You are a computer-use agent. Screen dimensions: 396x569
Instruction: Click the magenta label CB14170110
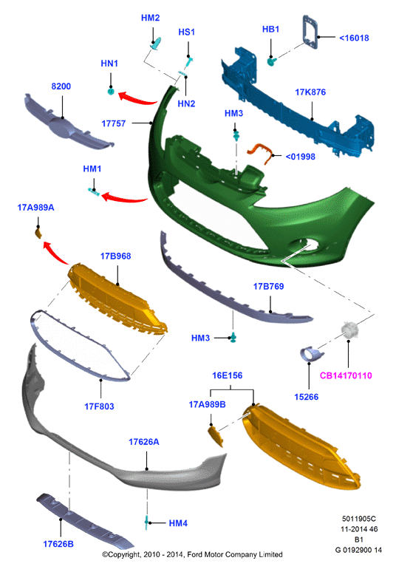[346, 375]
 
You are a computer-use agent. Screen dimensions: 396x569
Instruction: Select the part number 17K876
[310, 92]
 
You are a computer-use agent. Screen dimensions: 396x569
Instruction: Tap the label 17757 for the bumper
[114, 123]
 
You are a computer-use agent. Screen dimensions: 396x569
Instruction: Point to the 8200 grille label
[61, 86]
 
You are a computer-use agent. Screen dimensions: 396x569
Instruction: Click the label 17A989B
[208, 404]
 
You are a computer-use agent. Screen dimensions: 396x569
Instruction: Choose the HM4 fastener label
[178, 523]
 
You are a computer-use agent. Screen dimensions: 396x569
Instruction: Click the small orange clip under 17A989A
[38, 233]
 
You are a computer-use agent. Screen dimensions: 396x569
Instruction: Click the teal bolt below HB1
[271, 61]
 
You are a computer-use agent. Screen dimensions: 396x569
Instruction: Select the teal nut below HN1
[111, 91]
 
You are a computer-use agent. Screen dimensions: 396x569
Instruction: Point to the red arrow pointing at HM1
[124, 198]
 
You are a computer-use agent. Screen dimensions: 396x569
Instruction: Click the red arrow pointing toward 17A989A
[55, 252]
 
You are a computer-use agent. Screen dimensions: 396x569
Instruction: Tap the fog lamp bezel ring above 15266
[310, 354]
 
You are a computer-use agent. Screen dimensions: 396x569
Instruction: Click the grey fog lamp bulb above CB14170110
[349, 330]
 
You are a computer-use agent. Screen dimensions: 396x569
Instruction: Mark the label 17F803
[99, 406]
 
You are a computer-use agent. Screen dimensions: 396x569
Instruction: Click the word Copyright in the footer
[124, 554]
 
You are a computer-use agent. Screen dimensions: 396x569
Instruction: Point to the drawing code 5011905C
[359, 519]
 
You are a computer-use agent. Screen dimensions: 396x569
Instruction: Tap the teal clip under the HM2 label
[156, 44]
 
